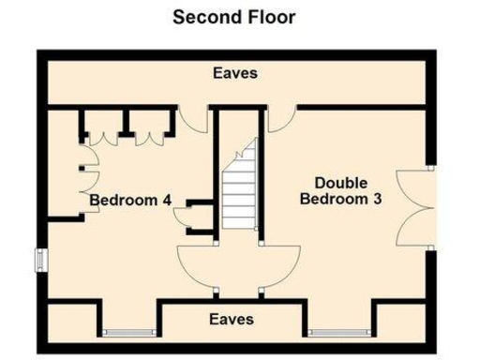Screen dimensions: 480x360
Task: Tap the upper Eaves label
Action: [x=234, y=72]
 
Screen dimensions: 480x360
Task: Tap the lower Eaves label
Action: [x=232, y=319]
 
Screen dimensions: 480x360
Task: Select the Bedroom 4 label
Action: [x=130, y=201]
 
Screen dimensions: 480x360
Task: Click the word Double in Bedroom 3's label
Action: [x=341, y=182]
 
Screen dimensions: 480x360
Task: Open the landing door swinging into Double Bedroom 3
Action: [x=279, y=263]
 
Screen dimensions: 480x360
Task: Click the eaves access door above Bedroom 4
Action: [x=192, y=119]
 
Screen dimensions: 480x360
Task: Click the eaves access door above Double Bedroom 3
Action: [x=280, y=119]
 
